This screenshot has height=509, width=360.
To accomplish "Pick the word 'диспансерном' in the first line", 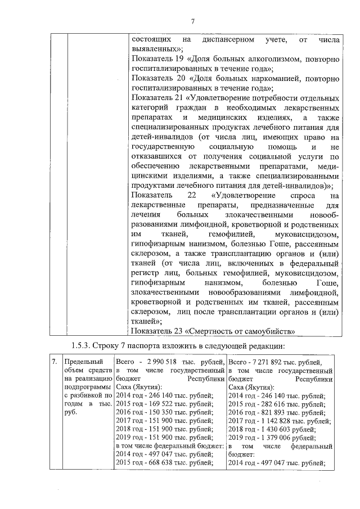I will pos(225,40).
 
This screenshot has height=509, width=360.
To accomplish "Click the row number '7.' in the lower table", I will pos(53,362).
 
